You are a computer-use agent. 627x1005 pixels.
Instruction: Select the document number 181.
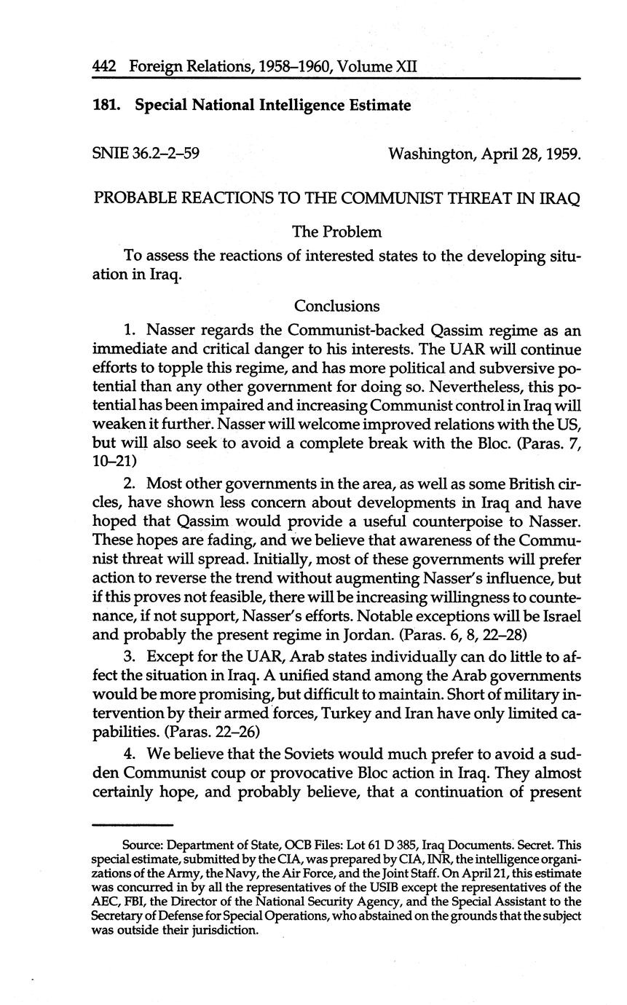pyautogui.click(x=106, y=106)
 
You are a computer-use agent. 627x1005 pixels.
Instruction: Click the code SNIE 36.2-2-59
pyautogui.click(x=147, y=154)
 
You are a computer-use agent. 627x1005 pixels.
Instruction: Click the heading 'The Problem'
pyautogui.click(x=336, y=232)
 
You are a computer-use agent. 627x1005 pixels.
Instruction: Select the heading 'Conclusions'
pyautogui.click(x=336, y=306)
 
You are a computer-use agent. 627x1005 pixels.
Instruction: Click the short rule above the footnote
pyautogui.click(x=133, y=825)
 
